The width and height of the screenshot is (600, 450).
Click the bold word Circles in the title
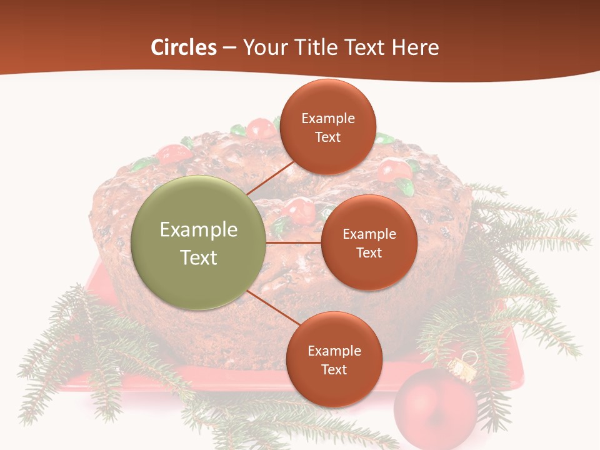pos(184,47)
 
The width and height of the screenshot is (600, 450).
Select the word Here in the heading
pos(415,47)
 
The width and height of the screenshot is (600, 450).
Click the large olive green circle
pos(199,242)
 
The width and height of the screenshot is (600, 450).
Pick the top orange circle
pos(328,127)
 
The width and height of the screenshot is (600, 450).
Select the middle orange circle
pos(369,242)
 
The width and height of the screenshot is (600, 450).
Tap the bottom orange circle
pos(334,359)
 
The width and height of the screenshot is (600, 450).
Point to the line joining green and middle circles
pos(294,242)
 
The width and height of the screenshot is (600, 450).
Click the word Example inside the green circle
pos(199,230)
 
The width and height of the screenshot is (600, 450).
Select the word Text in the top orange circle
pos(328,137)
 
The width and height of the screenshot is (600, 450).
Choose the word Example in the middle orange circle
pos(369,234)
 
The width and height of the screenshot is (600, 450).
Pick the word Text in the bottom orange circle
pos(334,369)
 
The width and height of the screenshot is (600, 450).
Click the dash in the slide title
pos(229,47)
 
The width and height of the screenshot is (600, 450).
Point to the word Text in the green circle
pos(199,257)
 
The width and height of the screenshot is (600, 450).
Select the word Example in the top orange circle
pos(328,119)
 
